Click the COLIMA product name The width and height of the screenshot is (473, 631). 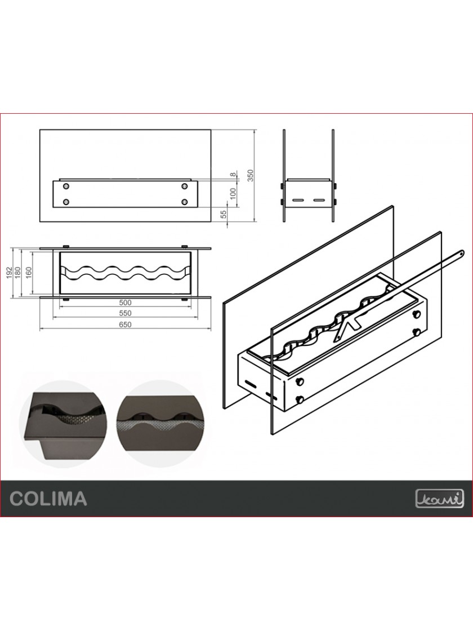(x=48, y=498)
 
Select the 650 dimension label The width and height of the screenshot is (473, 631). (x=125, y=325)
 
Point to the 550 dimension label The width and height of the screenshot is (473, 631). (x=125, y=313)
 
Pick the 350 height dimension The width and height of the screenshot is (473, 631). (x=251, y=175)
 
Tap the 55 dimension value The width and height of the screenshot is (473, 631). (x=224, y=214)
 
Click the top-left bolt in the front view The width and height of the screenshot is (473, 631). (x=66, y=186)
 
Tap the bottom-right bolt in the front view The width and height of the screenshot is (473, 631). (x=184, y=201)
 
